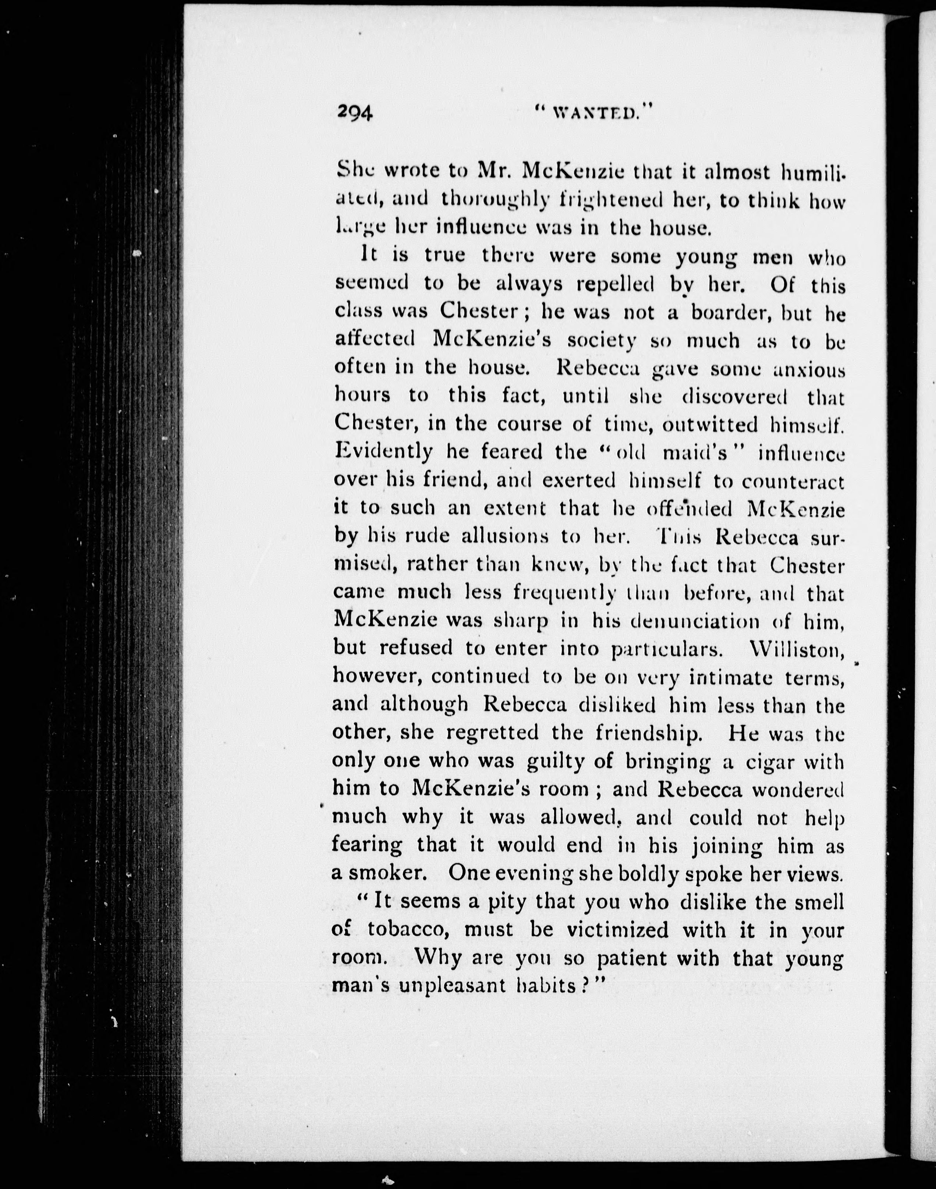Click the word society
click(x=601, y=341)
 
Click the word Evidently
click(x=384, y=452)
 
